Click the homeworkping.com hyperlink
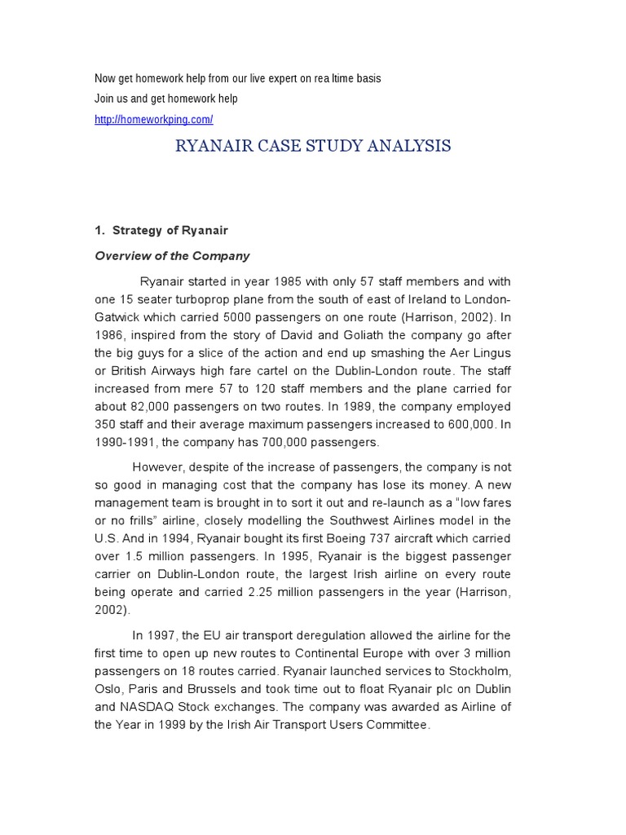click(x=154, y=120)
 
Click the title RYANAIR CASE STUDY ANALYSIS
click(x=314, y=146)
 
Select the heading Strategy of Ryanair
click(x=170, y=231)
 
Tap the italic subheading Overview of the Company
click(x=173, y=255)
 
